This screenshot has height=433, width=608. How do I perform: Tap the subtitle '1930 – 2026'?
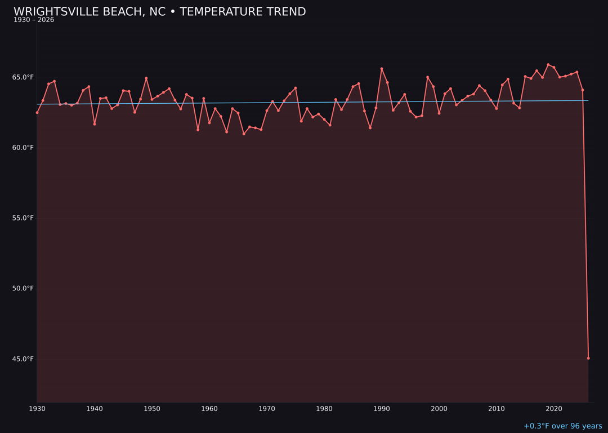34,20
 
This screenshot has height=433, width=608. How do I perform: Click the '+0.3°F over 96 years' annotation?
562,426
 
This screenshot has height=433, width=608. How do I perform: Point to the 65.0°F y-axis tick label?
23,77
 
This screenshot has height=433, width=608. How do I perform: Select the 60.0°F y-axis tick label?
23,148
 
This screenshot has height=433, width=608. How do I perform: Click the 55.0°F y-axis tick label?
23,218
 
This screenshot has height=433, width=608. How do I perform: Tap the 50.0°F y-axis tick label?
23,289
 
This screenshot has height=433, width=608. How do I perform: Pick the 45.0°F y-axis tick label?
23,359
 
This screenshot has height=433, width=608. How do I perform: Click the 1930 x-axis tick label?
37,409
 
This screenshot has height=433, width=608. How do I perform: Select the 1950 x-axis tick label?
152,409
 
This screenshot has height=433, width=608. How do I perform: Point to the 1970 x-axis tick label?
267,409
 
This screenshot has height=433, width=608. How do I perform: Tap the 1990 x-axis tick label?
382,409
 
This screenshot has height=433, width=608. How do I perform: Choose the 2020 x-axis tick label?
554,409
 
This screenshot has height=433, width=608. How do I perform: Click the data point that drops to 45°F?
588,358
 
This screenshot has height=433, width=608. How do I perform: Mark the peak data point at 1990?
382,69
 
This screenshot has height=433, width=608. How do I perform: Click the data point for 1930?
37,112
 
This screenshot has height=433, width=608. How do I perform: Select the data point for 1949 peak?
146,78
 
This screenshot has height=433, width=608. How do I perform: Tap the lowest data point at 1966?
244,134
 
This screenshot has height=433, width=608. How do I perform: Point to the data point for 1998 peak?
427,77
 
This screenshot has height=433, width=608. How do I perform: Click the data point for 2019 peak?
548,65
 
